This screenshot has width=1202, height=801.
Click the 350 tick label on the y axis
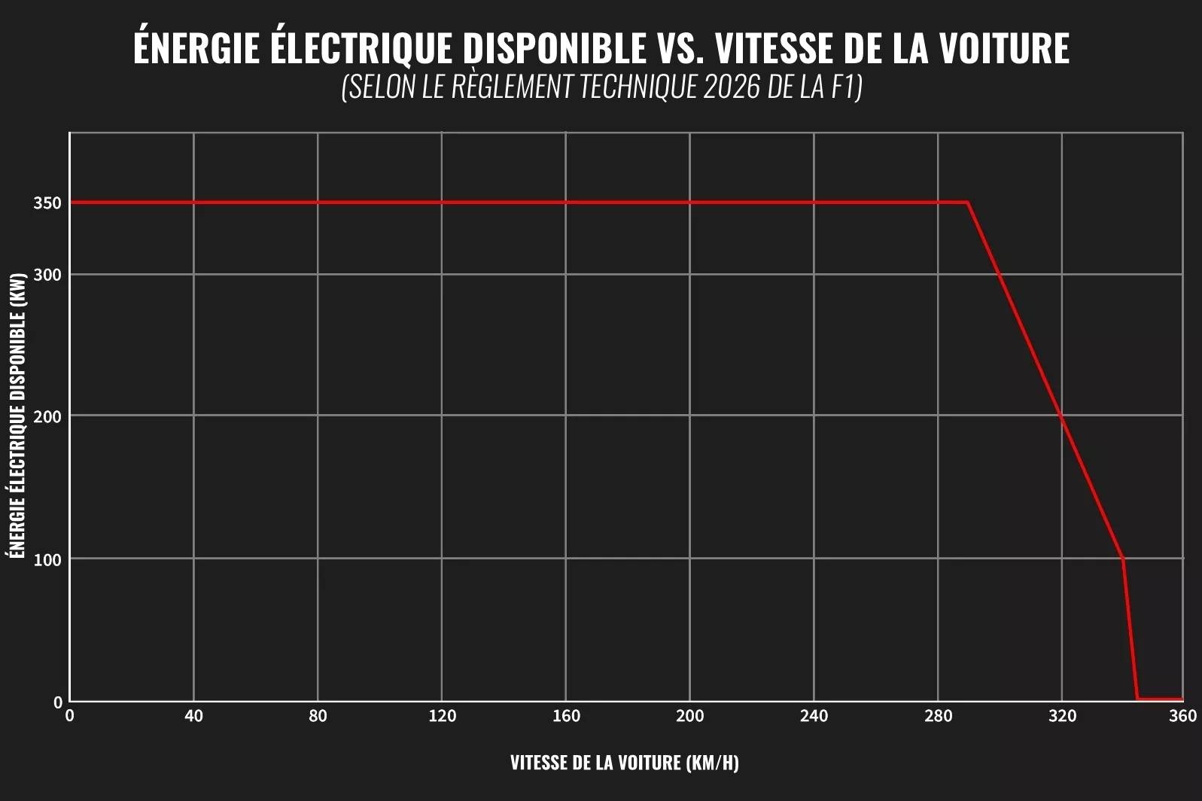point(47,203)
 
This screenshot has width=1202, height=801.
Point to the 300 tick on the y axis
point(47,275)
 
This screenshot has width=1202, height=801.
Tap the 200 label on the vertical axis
point(47,416)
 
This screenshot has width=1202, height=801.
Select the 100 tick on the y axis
point(47,559)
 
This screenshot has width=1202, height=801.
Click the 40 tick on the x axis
point(193,716)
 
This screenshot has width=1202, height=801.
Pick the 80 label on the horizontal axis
point(318,716)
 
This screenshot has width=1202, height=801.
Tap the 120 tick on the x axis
point(442,716)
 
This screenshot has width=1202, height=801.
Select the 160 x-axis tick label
point(566,716)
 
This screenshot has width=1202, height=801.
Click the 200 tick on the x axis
point(689,716)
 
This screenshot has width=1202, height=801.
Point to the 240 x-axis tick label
point(814,716)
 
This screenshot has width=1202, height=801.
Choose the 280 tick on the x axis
point(938,716)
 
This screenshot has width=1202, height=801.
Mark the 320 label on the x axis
point(1062,716)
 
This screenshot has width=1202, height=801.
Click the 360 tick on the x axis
point(1183,716)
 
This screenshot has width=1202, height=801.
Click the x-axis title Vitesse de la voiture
point(624,763)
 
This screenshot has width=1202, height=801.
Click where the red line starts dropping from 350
point(968,203)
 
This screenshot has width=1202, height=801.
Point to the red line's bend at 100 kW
point(1123,558)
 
